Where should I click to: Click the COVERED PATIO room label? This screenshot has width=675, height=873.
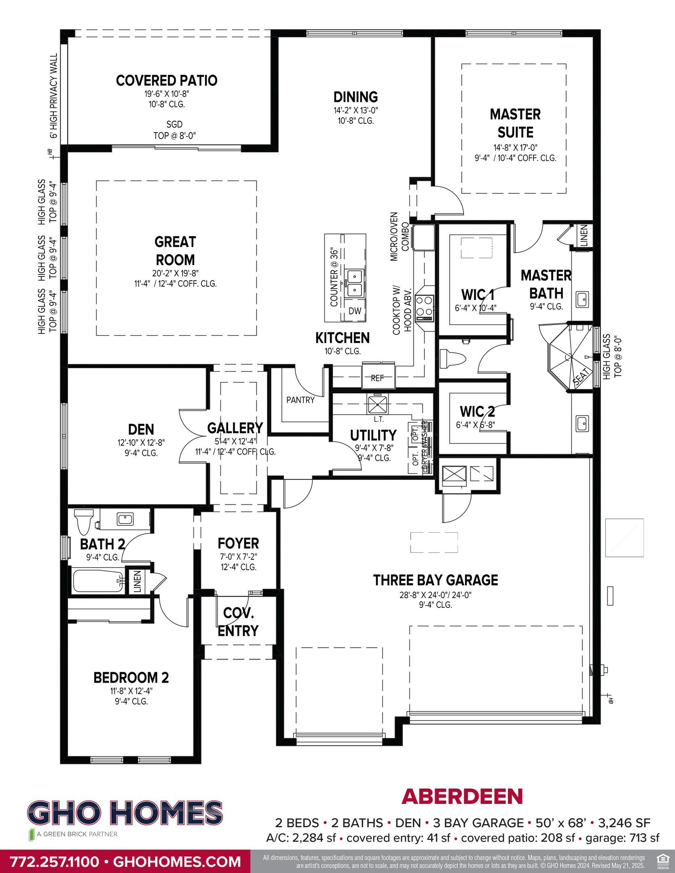point(167,80)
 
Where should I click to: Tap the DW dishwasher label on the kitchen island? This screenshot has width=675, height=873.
point(355,310)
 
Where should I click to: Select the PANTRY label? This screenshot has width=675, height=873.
point(300,400)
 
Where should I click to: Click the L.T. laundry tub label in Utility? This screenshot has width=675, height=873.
point(379,420)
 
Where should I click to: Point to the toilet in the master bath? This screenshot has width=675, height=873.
point(454,358)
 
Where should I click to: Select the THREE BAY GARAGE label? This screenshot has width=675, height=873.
point(435,580)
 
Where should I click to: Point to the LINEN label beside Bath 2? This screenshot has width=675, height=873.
point(137,581)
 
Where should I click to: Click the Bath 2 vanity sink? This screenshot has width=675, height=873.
point(125,518)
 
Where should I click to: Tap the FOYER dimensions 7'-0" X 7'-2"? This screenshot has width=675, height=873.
point(238,556)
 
